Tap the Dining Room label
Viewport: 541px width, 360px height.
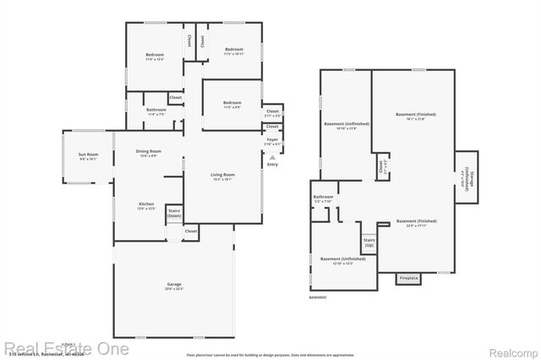(149, 151)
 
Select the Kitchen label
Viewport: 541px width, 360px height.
(146, 205)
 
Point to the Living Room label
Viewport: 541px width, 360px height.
(222, 175)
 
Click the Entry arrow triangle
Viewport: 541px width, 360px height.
(272, 156)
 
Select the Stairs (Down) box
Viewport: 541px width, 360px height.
(174, 214)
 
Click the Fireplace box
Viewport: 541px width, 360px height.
(408, 277)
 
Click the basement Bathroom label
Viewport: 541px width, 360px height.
(324, 198)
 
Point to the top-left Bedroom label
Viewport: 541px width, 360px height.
(153, 56)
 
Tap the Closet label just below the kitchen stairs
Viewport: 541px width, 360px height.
(191, 231)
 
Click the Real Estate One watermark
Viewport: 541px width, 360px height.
(66, 347)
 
